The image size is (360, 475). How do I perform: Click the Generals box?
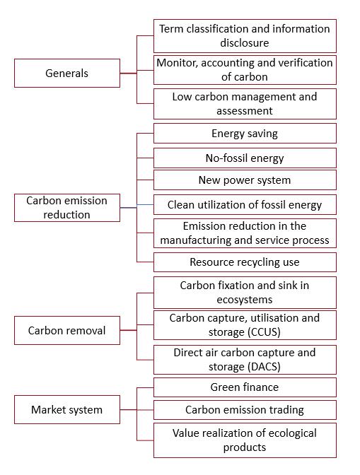pyautogui.click(x=67, y=74)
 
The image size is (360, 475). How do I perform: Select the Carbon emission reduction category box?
pyautogui.click(x=67, y=208)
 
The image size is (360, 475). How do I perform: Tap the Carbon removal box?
pyautogui.click(x=67, y=331)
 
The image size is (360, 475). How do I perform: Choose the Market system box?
pyautogui.click(x=67, y=409)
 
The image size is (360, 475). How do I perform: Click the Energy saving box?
pyautogui.click(x=245, y=134)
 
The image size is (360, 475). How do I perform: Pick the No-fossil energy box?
pyautogui.click(x=245, y=158)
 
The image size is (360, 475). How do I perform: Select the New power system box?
pyautogui.click(x=245, y=180)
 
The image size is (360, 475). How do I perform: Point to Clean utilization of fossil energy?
pyautogui.click(x=245, y=205)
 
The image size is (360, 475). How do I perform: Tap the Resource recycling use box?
pyautogui.click(x=245, y=262)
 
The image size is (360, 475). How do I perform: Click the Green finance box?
pyautogui.click(x=245, y=387)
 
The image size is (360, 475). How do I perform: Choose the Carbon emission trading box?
pyautogui.click(x=245, y=410)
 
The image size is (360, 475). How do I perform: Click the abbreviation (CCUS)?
pyautogui.click(x=264, y=332)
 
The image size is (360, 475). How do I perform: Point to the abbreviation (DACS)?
pyautogui.click(x=264, y=367)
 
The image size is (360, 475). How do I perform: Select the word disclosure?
pyautogui.click(x=245, y=42)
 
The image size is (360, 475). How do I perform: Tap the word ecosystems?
pyautogui.click(x=245, y=300)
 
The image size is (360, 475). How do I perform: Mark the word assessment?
pyautogui.click(x=245, y=111)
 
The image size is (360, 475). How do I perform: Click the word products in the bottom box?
pyautogui.click(x=245, y=447)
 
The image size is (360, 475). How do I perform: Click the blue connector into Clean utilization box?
pyautogui.click(x=145, y=205)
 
